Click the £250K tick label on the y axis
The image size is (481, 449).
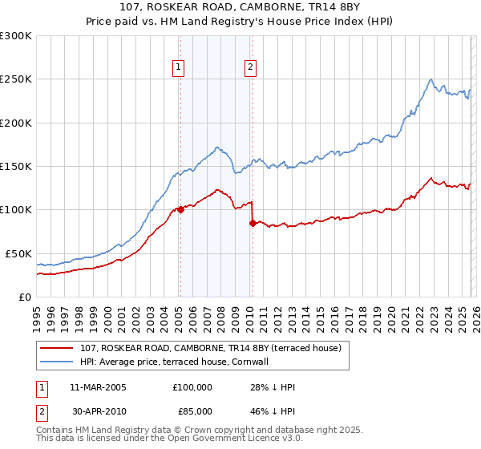[16, 79]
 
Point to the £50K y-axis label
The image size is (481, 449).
[18, 253]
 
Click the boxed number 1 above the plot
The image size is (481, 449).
[178, 68]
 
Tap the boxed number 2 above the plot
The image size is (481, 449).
[251, 68]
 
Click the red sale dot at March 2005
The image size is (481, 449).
[180, 210]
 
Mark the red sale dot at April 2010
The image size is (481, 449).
[253, 223]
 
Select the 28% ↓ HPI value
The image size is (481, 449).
[273, 387]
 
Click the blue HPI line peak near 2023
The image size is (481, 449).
[431, 79]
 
